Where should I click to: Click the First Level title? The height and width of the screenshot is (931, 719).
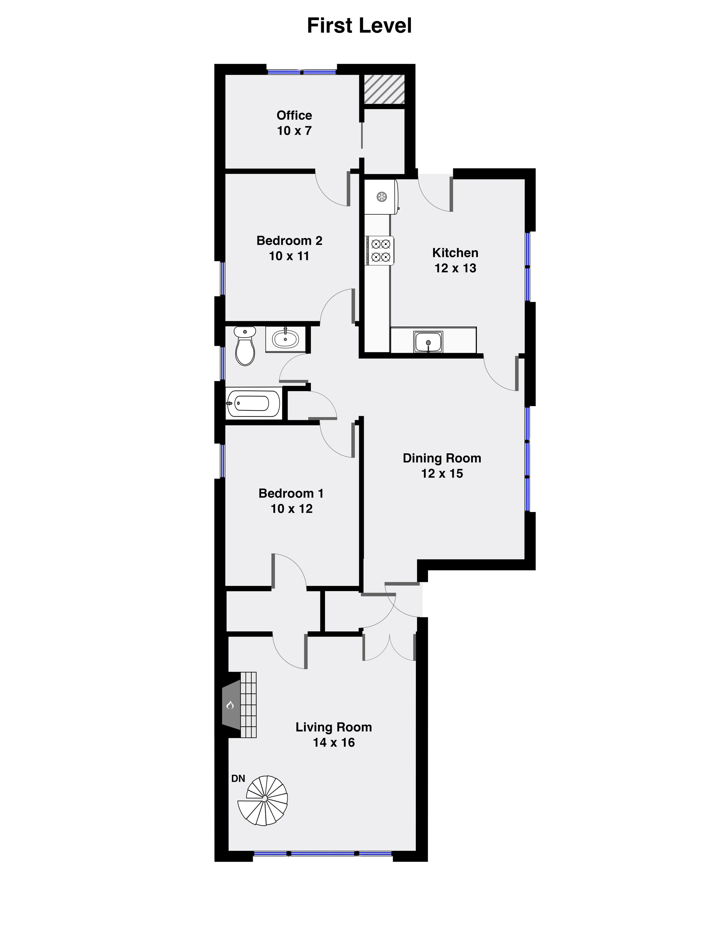[x=359, y=26]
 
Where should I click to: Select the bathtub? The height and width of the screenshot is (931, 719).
[x=253, y=403]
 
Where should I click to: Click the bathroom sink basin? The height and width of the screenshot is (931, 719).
[x=285, y=339]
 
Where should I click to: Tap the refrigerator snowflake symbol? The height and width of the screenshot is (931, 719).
[x=382, y=197]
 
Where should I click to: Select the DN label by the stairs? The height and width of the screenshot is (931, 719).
[x=238, y=779]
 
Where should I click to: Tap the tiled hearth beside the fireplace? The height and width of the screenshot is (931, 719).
[x=248, y=705]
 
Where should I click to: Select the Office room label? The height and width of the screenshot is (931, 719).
[x=294, y=115]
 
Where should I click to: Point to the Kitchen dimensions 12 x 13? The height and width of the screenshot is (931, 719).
[x=455, y=268]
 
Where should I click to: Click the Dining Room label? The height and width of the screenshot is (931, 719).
[x=442, y=458]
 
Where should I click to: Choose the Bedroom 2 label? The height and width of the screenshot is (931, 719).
[x=289, y=241]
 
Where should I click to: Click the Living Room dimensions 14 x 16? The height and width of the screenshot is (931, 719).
[x=334, y=742]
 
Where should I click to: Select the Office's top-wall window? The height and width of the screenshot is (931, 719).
[x=302, y=72]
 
